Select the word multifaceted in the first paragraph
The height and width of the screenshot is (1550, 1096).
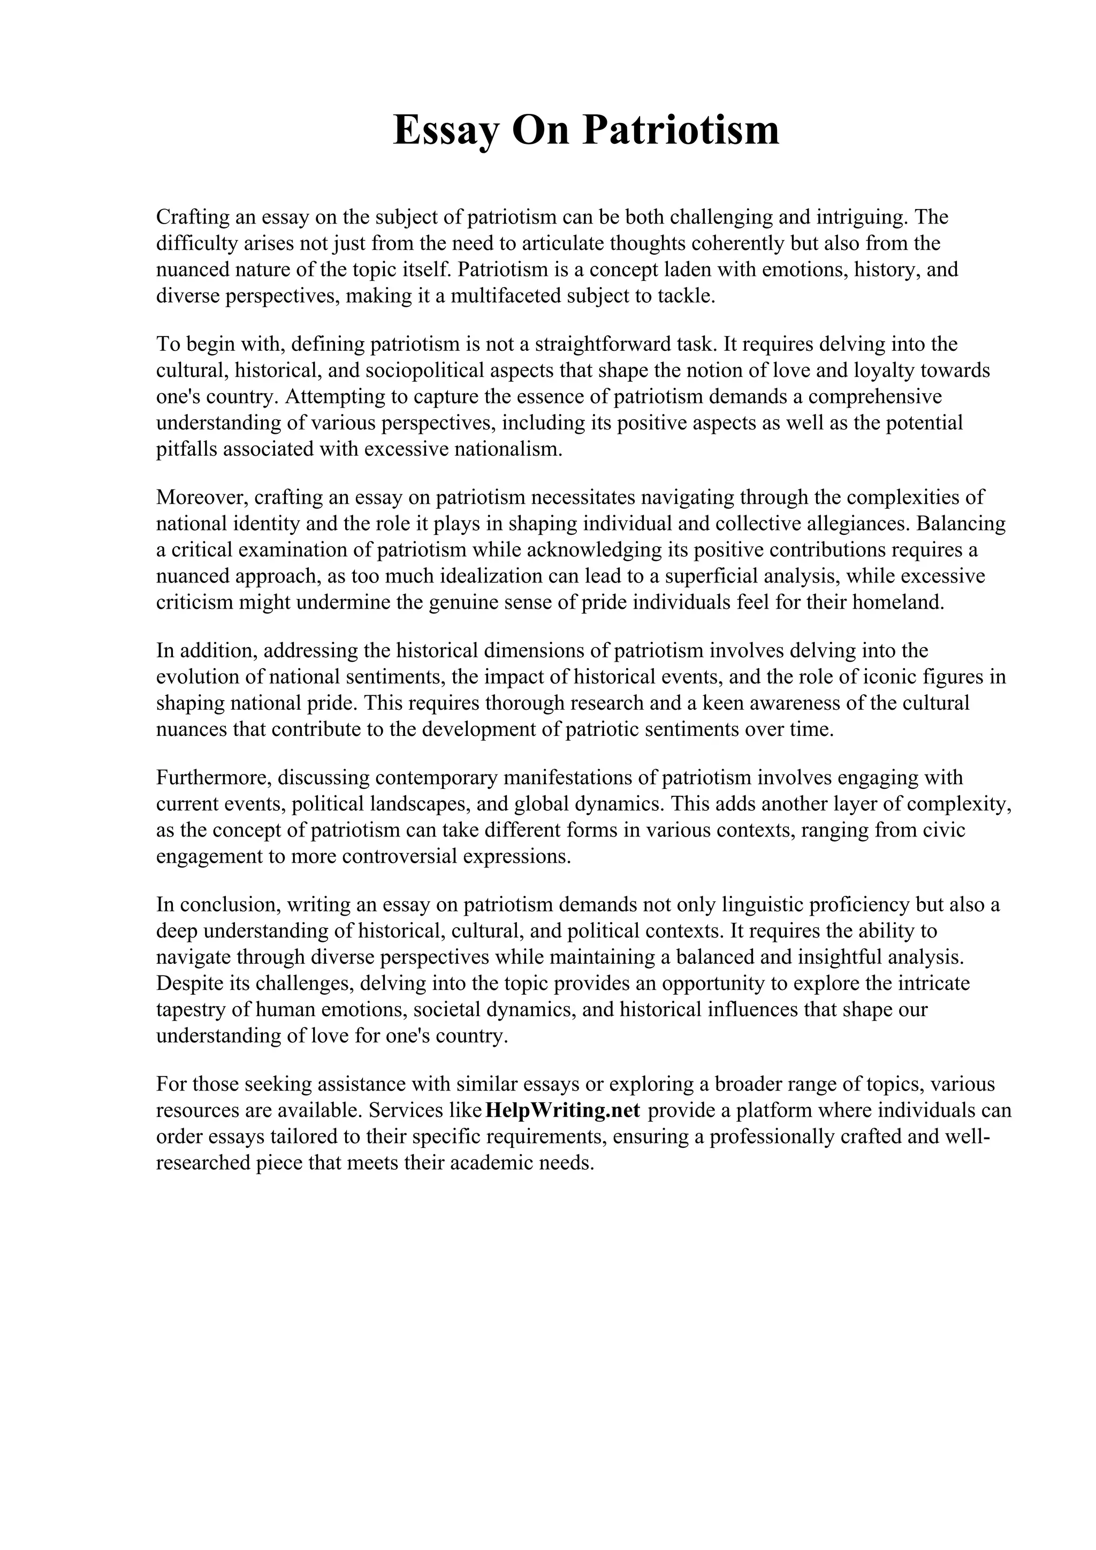coord(506,296)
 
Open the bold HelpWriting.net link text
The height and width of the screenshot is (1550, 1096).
coord(562,1110)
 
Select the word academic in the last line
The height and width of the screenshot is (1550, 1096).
coord(498,1163)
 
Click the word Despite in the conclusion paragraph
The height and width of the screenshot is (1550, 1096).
coord(186,983)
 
